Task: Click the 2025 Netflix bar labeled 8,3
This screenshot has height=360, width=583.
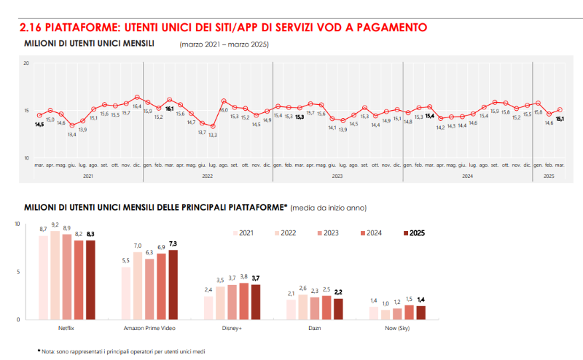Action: [90, 279]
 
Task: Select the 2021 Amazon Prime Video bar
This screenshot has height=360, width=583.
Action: [126, 292]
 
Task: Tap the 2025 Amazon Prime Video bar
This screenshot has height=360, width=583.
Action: [173, 284]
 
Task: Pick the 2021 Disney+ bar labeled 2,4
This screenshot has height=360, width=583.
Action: [208, 307]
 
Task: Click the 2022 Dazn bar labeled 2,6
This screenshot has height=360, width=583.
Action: [303, 306]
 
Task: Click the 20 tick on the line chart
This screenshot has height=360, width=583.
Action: [26, 64]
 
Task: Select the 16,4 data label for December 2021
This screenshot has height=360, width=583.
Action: [137, 106]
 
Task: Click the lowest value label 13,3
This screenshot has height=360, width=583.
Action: [212, 135]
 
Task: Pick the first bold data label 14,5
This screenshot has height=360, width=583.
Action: [39, 125]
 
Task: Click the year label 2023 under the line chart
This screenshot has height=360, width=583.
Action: [337, 176]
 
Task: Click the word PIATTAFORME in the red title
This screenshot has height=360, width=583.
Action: [81, 28]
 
